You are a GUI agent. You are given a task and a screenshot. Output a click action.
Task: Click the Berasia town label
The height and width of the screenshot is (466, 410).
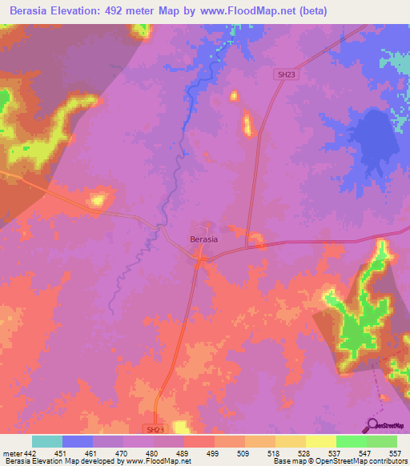pos(204,239)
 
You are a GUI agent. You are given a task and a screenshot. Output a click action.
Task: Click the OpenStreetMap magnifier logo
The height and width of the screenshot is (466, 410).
pos(374,425)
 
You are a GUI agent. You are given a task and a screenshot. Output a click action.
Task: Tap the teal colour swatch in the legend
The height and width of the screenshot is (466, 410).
pos(47,441)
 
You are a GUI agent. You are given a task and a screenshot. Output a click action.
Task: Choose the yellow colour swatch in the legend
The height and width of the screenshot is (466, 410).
pos(321,441)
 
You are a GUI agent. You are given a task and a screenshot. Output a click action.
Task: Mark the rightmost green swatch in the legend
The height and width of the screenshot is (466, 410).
pos(382,441)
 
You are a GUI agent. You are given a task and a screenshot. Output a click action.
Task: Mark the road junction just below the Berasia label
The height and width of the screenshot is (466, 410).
pos(199,257)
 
